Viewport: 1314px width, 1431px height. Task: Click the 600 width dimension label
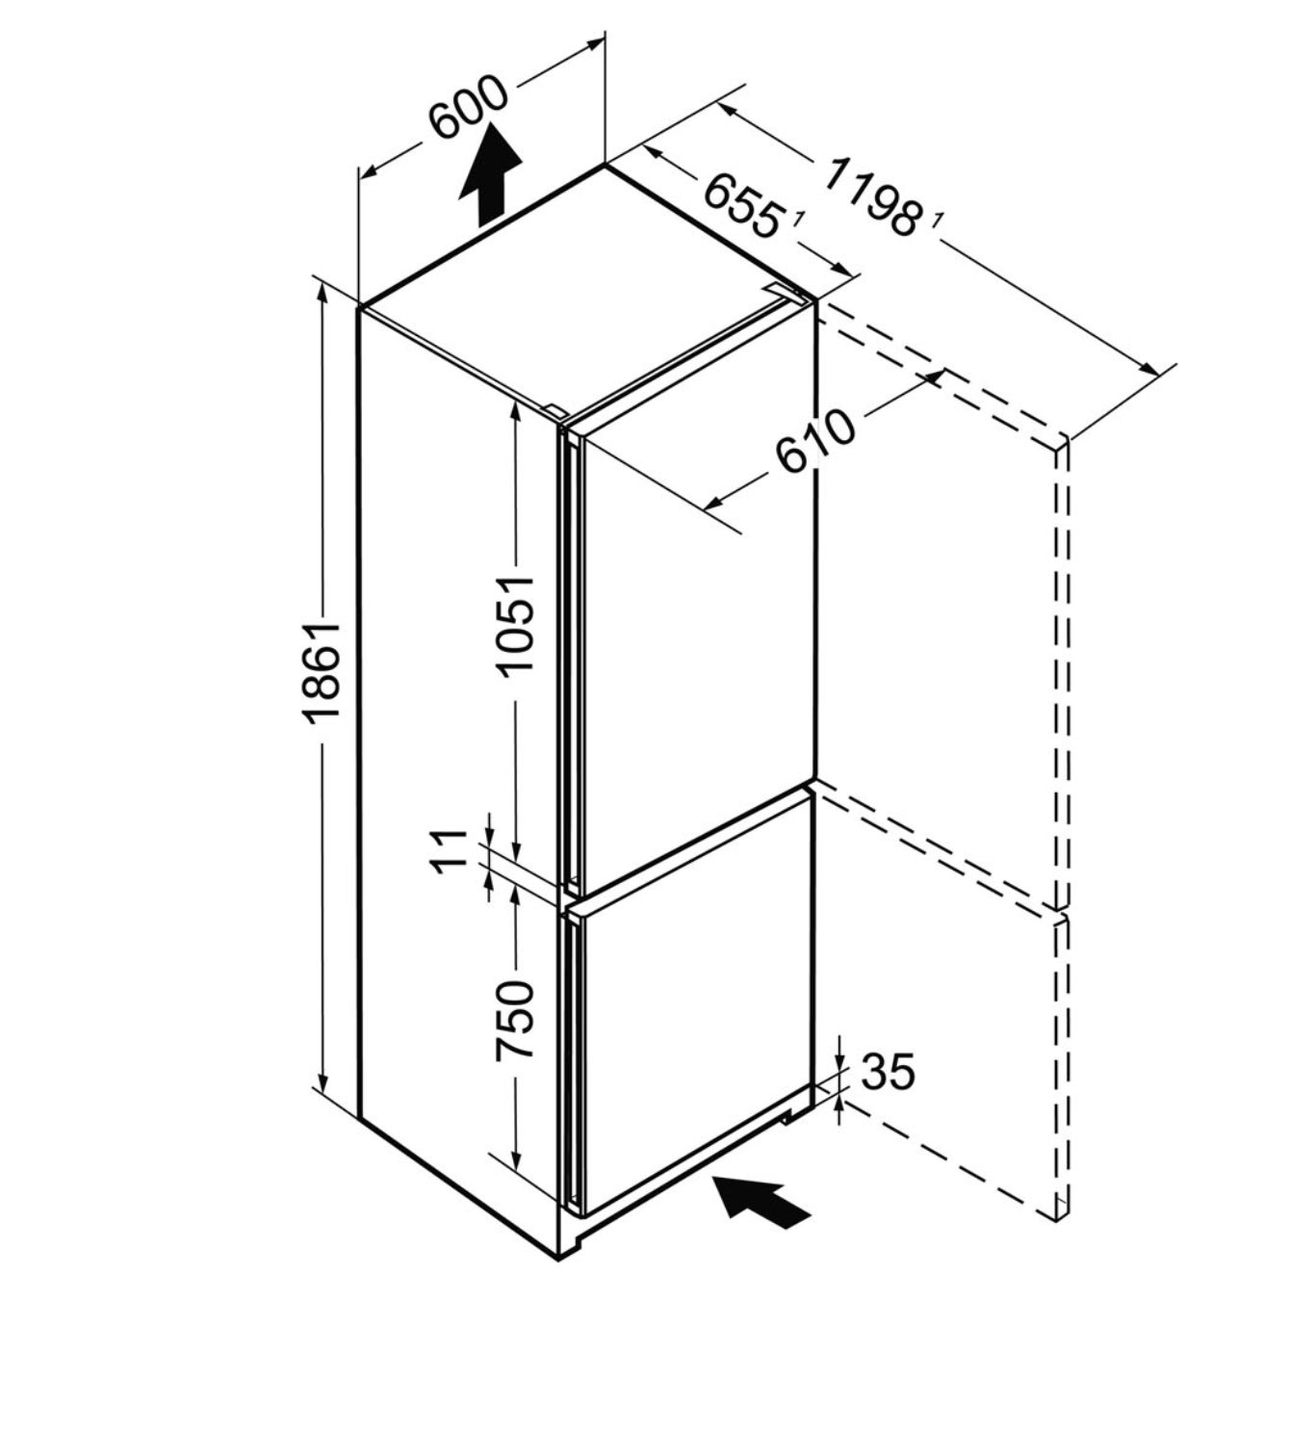pyautogui.click(x=467, y=107)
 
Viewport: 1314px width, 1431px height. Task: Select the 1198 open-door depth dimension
pyautogui.click(x=870, y=197)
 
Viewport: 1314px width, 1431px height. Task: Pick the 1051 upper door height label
pyautogui.click(x=516, y=626)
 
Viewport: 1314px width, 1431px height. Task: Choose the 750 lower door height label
pyautogui.click(x=515, y=1019)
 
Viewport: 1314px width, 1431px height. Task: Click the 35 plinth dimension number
pyautogui.click(x=887, y=1071)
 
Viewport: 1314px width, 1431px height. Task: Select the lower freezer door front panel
pyautogui.click(x=693, y=1002)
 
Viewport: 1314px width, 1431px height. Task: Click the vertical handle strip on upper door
pyautogui.click(x=570, y=655)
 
